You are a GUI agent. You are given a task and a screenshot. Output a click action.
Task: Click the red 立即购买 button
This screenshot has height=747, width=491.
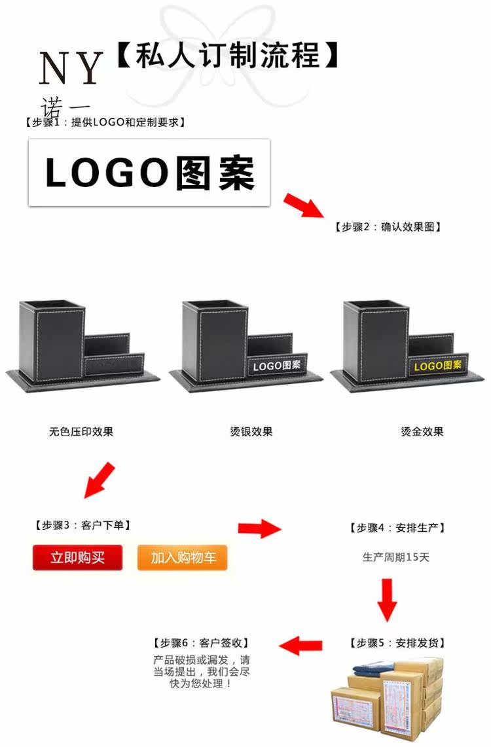pos(77,558)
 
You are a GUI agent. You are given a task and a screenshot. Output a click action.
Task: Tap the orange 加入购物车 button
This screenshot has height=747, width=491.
pos(182,558)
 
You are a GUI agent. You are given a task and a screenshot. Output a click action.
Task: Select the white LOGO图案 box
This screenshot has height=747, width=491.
pos(149,173)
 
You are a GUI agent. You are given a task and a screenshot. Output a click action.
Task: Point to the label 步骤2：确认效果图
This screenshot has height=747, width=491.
pos(388,227)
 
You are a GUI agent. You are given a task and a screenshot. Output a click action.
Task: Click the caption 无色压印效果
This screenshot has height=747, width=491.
pos(81,432)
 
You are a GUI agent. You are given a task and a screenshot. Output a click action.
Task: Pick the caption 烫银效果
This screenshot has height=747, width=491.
pos(251,432)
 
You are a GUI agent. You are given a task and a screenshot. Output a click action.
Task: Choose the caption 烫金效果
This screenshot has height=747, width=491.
pos(422,432)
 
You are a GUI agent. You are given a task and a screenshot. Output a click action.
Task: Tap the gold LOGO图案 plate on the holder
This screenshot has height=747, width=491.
pos(438,366)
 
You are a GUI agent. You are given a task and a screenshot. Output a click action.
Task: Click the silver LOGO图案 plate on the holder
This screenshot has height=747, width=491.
pos(276,366)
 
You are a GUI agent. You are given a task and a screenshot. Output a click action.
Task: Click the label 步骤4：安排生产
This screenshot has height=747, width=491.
pos(401,528)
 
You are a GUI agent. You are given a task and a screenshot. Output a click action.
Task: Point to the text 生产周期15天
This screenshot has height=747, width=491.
pos(396,558)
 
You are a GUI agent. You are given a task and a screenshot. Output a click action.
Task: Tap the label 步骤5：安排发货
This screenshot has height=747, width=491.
pos(401,643)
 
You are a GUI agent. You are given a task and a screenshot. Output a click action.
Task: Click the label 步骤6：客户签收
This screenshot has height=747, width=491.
pos(201,643)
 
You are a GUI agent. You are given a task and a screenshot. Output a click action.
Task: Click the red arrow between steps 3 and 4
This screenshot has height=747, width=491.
pos(259,527)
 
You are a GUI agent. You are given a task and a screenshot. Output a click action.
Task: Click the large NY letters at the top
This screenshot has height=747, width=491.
pos(71,68)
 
